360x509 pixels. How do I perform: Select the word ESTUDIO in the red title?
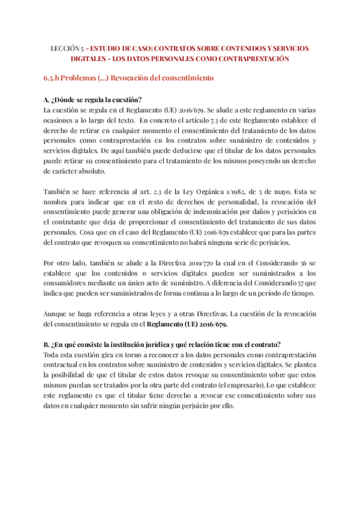[x=110, y=47]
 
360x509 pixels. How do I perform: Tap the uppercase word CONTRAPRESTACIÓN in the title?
[x=251, y=58]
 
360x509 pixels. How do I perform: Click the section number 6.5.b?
[x=53, y=78]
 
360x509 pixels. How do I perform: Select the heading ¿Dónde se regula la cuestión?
[x=93, y=100]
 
